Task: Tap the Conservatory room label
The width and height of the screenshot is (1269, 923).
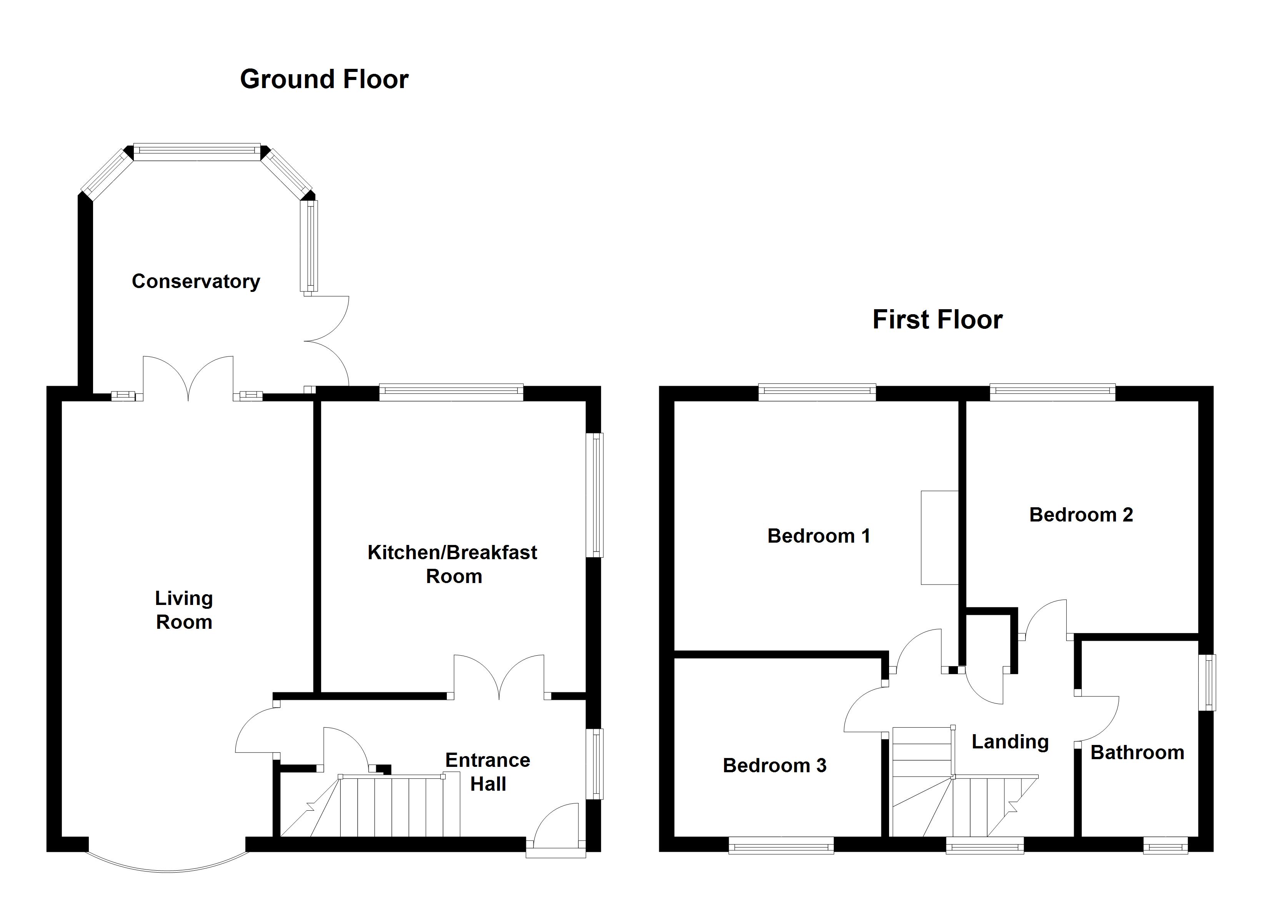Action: [x=196, y=281]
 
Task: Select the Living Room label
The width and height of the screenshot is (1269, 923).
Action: [x=184, y=610]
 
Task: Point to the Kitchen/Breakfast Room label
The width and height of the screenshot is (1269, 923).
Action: [x=452, y=564]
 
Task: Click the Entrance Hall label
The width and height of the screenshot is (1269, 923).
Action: [x=488, y=772]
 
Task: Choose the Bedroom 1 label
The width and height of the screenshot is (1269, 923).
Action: [x=819, y=536]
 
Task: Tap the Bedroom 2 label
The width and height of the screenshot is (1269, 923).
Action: [x=1081, y=515]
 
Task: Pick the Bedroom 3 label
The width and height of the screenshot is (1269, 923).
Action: [x=774, y=765]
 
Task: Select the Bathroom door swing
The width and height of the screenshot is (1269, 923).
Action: [x=1097, y=720]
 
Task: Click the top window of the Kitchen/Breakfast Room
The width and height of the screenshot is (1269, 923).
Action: [x=451, y=392]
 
